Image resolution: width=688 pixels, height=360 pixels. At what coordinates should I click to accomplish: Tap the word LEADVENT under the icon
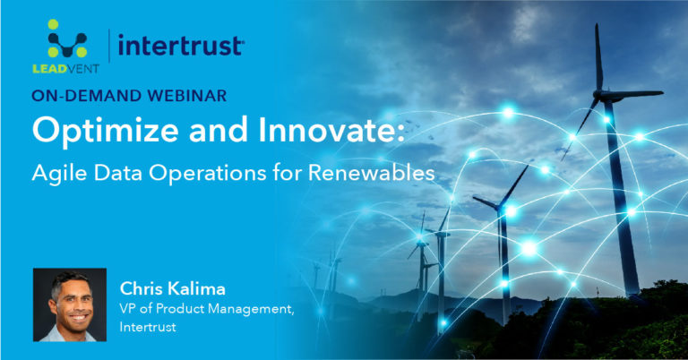[65, 70]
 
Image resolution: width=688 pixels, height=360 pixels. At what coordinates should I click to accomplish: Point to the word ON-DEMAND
[84, 97]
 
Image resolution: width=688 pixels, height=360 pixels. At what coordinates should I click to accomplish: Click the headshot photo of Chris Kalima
[70, 304]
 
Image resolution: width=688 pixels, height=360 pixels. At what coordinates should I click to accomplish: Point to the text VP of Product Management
[207, 310]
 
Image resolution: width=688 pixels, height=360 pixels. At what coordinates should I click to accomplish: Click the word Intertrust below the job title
[150, 328]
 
